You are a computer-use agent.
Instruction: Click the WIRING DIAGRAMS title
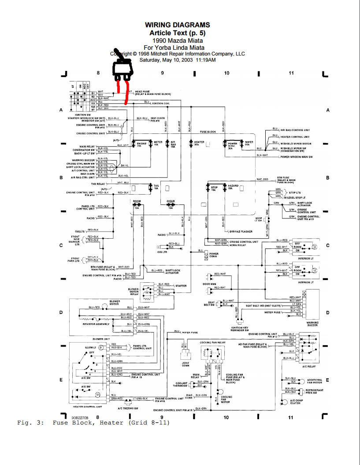(178, 25)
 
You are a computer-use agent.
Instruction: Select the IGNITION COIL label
(161, 103)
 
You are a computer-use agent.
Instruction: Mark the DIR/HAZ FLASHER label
(240, 231)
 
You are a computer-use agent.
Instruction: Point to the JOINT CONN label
(186, 364)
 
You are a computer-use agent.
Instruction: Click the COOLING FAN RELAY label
(212, 342)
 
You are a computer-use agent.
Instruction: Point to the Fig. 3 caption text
(93, 423)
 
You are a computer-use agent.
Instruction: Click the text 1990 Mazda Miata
(178, 40)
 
